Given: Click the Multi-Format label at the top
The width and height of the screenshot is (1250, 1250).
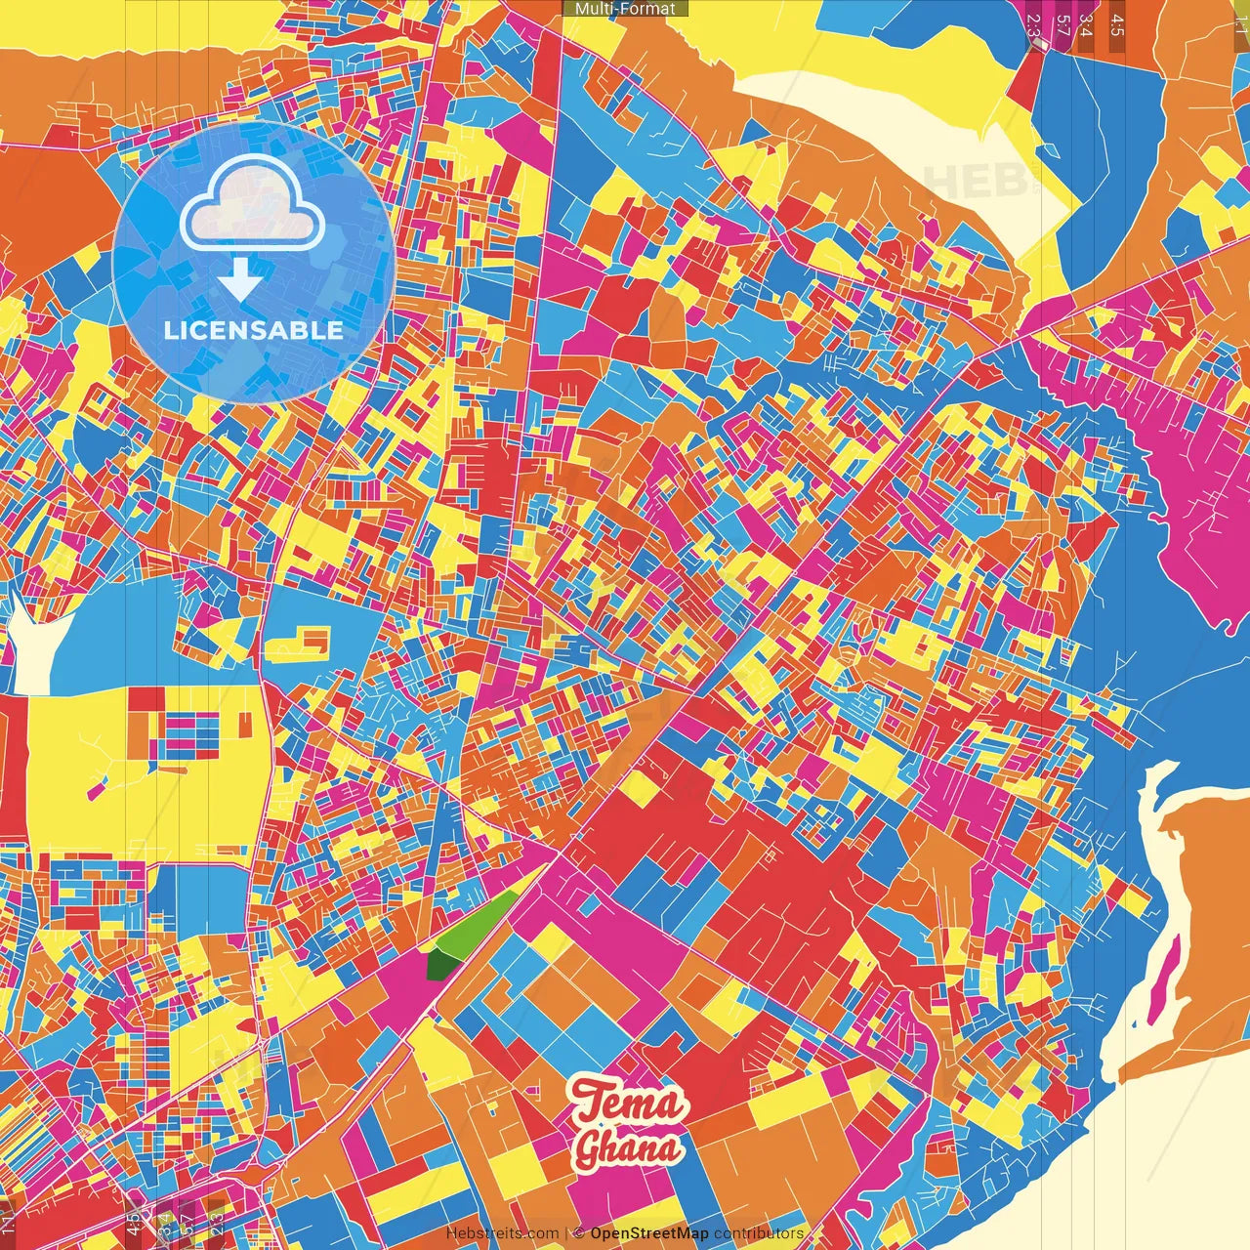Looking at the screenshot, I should coord(625,9).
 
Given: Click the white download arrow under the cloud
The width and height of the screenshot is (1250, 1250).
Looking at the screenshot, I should coord(239,283).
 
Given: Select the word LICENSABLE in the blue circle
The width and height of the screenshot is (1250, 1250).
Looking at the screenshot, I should coord(254,330).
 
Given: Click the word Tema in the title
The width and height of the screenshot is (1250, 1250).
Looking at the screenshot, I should coord(629,1103).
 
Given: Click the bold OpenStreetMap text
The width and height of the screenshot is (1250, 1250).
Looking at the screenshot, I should coord(648,1233).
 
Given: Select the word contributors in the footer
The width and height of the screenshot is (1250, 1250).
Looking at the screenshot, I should coord(759,1233).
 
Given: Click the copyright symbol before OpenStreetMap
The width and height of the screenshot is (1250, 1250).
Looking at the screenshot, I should coord(578,1233).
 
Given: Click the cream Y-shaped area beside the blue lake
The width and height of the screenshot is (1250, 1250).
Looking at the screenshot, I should coord(34,645).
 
